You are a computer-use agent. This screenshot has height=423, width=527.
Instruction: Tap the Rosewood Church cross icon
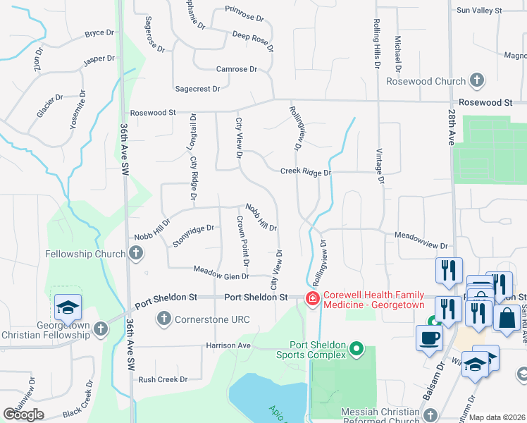[477, 80]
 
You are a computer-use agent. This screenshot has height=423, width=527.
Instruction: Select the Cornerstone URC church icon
[164, 319]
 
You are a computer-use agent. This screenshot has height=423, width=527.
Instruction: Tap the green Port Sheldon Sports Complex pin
[356, 349]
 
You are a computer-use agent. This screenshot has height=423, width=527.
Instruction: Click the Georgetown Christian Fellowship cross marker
[101, 329]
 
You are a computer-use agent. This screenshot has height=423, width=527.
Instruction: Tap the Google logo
[23, 414]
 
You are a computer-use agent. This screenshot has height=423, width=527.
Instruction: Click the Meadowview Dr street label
[421, 241]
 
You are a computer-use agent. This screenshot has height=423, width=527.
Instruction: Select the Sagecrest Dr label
[197, 89]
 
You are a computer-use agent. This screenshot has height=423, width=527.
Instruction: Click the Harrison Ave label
[228, 345]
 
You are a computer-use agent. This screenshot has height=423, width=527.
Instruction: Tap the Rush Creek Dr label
[163, 379]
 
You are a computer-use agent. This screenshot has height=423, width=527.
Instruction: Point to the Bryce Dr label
[99, 33]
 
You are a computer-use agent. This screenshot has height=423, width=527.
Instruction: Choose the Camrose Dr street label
[236, 69]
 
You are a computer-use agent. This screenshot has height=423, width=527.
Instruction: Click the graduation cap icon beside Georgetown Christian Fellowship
[68, 308]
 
